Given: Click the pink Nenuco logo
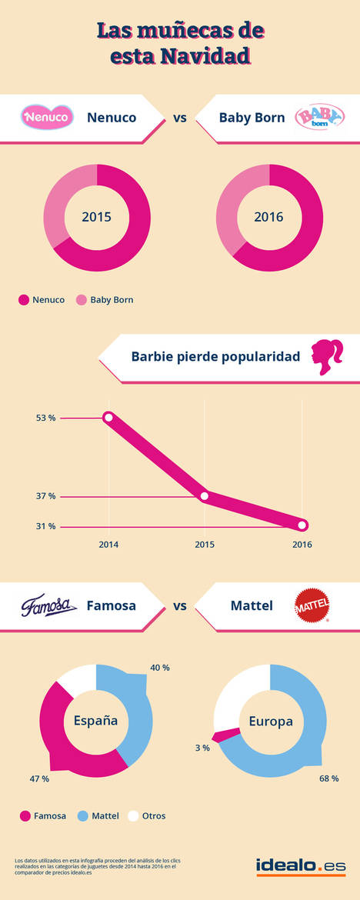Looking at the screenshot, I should click(48, 118).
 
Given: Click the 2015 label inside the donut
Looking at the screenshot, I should click(97, 217).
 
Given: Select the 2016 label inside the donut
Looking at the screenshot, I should click(269, 217).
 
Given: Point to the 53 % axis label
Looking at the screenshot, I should click(45, 418).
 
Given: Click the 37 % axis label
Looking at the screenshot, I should click(45, 496).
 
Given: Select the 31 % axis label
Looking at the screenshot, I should click(45, 526).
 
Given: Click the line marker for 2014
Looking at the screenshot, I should click(108, 418).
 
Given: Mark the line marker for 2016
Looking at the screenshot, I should click(302, 525).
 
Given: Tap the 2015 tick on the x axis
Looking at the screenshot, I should click(204, 544).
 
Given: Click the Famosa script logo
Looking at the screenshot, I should click(48, 605).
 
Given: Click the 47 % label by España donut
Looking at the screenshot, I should click(39, 778).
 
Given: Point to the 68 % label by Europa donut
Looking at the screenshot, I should click(329, 778).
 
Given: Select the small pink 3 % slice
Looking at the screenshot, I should click(221, 735).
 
